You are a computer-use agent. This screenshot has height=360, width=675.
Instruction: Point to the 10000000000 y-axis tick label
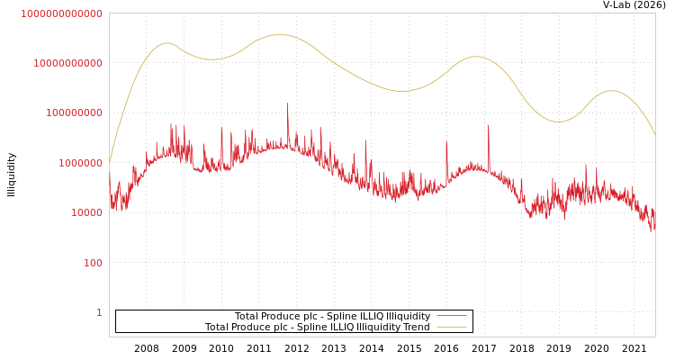click(x=68, y=63)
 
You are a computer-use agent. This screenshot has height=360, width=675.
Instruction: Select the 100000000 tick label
click(x=74, y=113)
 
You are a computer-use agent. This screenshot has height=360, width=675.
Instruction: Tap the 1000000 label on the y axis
click(x=81, y=163)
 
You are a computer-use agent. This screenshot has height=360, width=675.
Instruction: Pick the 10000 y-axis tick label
click(x=86, y=212)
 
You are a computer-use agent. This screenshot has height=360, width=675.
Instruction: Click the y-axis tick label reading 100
click(x=94, y=263)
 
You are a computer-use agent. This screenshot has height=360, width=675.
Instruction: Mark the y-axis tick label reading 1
click(x=99, y=312)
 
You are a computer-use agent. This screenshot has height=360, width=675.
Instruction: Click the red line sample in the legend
click(x=451, y=316)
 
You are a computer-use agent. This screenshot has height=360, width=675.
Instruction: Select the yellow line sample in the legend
click(x=451, y=327)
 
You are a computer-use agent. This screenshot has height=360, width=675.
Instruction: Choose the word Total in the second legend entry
click(x=218, y=327)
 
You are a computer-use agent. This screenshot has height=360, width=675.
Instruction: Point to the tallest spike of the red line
click(x=288, y=104)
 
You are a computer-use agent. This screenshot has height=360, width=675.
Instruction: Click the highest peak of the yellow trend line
click(x=281, y=35)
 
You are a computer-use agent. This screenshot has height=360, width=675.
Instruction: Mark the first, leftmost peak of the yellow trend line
click(x=166, y=43)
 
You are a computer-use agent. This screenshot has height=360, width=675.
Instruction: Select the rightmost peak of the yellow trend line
click(x=612, y=91)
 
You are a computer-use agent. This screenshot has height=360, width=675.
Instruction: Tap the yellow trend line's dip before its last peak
click(x=558, y=121)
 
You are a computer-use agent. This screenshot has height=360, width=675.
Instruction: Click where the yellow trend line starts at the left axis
click(x=110, y=162)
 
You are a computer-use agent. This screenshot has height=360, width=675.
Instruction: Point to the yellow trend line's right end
click(x=654, y=135)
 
